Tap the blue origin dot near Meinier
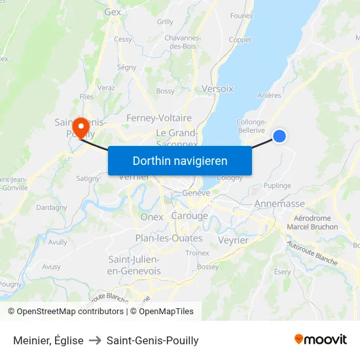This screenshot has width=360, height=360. click(x=279, y=135)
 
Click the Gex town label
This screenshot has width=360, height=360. click(x=113, y=12)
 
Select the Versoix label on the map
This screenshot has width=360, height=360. click(x=218, y=88)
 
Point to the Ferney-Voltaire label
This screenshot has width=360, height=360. click(x=159, y=118)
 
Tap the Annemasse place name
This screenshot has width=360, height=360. click(x=279, y=204)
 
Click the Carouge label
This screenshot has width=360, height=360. click(x=189, y=216)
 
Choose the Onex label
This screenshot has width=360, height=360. click(x=151, y=217)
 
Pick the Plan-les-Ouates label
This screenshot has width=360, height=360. click(x=168, y=238)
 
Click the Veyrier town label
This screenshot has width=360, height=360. click(x=232, y=240)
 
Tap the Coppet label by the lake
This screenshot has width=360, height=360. click(x=240, y=40)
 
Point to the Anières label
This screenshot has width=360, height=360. click(x=269, y=95)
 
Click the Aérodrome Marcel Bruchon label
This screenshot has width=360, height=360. click(x=316, y=223)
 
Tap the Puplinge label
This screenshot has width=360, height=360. click(x=278, y=185)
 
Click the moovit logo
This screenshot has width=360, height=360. click(x=321, y=340)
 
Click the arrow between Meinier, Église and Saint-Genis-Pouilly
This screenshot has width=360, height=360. click(x=95, y=340)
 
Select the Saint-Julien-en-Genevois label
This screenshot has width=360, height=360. click(x=133, y=265)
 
